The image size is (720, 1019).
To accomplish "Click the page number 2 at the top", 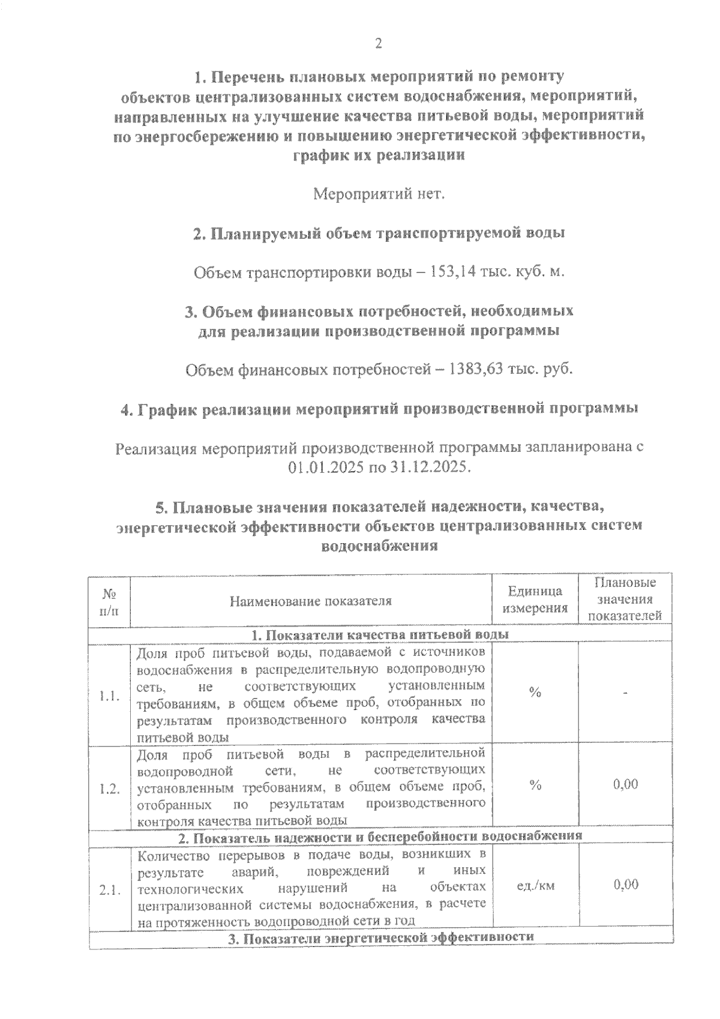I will [378, 44].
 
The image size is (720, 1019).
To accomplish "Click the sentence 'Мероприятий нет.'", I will [379, 194].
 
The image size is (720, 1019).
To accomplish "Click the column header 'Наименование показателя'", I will [311, 601].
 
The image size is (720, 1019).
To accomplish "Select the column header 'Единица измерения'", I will [535, 600].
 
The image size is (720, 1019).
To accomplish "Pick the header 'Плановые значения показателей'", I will [625, 600].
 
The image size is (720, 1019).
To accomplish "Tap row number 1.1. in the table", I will [110, 696].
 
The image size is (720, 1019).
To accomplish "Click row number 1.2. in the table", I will [110, 789].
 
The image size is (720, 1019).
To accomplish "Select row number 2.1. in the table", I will [110, 891].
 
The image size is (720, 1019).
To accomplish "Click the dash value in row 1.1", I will [625, 693].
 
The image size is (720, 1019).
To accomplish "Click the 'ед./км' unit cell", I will [535, 885].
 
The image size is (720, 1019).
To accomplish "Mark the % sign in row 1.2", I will [535, 785].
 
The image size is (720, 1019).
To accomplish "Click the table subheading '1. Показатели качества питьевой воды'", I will [380, 636].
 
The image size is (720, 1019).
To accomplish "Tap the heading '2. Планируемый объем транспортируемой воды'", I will [379, 233].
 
